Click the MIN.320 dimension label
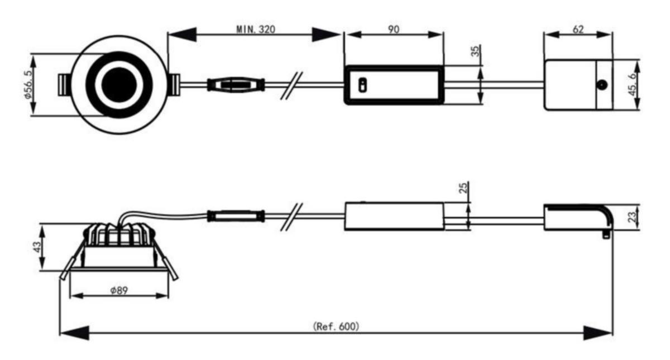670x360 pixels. [x=256, y=29]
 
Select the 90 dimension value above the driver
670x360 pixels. [x=394, y=29]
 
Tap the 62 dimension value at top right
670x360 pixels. [x=578, y=29]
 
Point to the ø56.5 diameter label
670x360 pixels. [x=28, y=85]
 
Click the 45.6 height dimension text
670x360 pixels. [x=632, y=85]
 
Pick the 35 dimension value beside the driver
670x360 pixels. [x=476, y=50]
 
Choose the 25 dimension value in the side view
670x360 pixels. [x=463, y=188]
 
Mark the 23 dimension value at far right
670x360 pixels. [x=631, y=217]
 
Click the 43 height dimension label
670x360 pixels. [x=37, y=247]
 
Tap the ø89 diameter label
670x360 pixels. [x=119, y=290]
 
